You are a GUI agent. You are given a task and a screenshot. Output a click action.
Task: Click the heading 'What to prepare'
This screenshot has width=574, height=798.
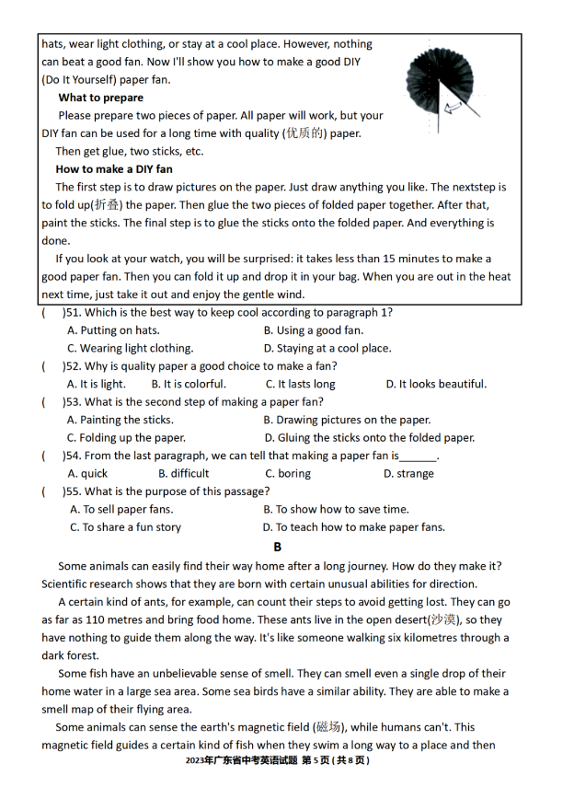pyautogui.click(x=101, y=98)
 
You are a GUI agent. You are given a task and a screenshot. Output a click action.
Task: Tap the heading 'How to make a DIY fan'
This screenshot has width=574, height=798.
pyautogui.click(x=114, y=169)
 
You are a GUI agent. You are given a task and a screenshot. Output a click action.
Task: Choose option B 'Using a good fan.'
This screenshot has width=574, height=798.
pyautogui.click(x=313, y=330)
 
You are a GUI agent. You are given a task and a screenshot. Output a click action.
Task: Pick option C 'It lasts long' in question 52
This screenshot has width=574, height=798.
pyautogui.click(x=301, y=384)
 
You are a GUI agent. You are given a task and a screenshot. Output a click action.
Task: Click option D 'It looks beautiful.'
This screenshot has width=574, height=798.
pyautogui.click(x=436, y=384)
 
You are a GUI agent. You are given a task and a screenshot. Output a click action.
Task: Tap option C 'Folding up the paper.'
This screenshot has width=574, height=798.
pyautogui.click(x=126, y=438)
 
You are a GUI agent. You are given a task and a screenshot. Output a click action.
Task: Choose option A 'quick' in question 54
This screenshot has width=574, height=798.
pyautogui.click(x=87, y=474)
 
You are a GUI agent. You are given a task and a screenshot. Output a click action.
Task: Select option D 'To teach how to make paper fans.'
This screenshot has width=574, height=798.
pyautogui.click(x=353, y=527)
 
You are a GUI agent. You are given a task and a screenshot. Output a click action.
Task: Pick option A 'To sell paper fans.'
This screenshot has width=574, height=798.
pyautogui.click(x=121, y=509)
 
